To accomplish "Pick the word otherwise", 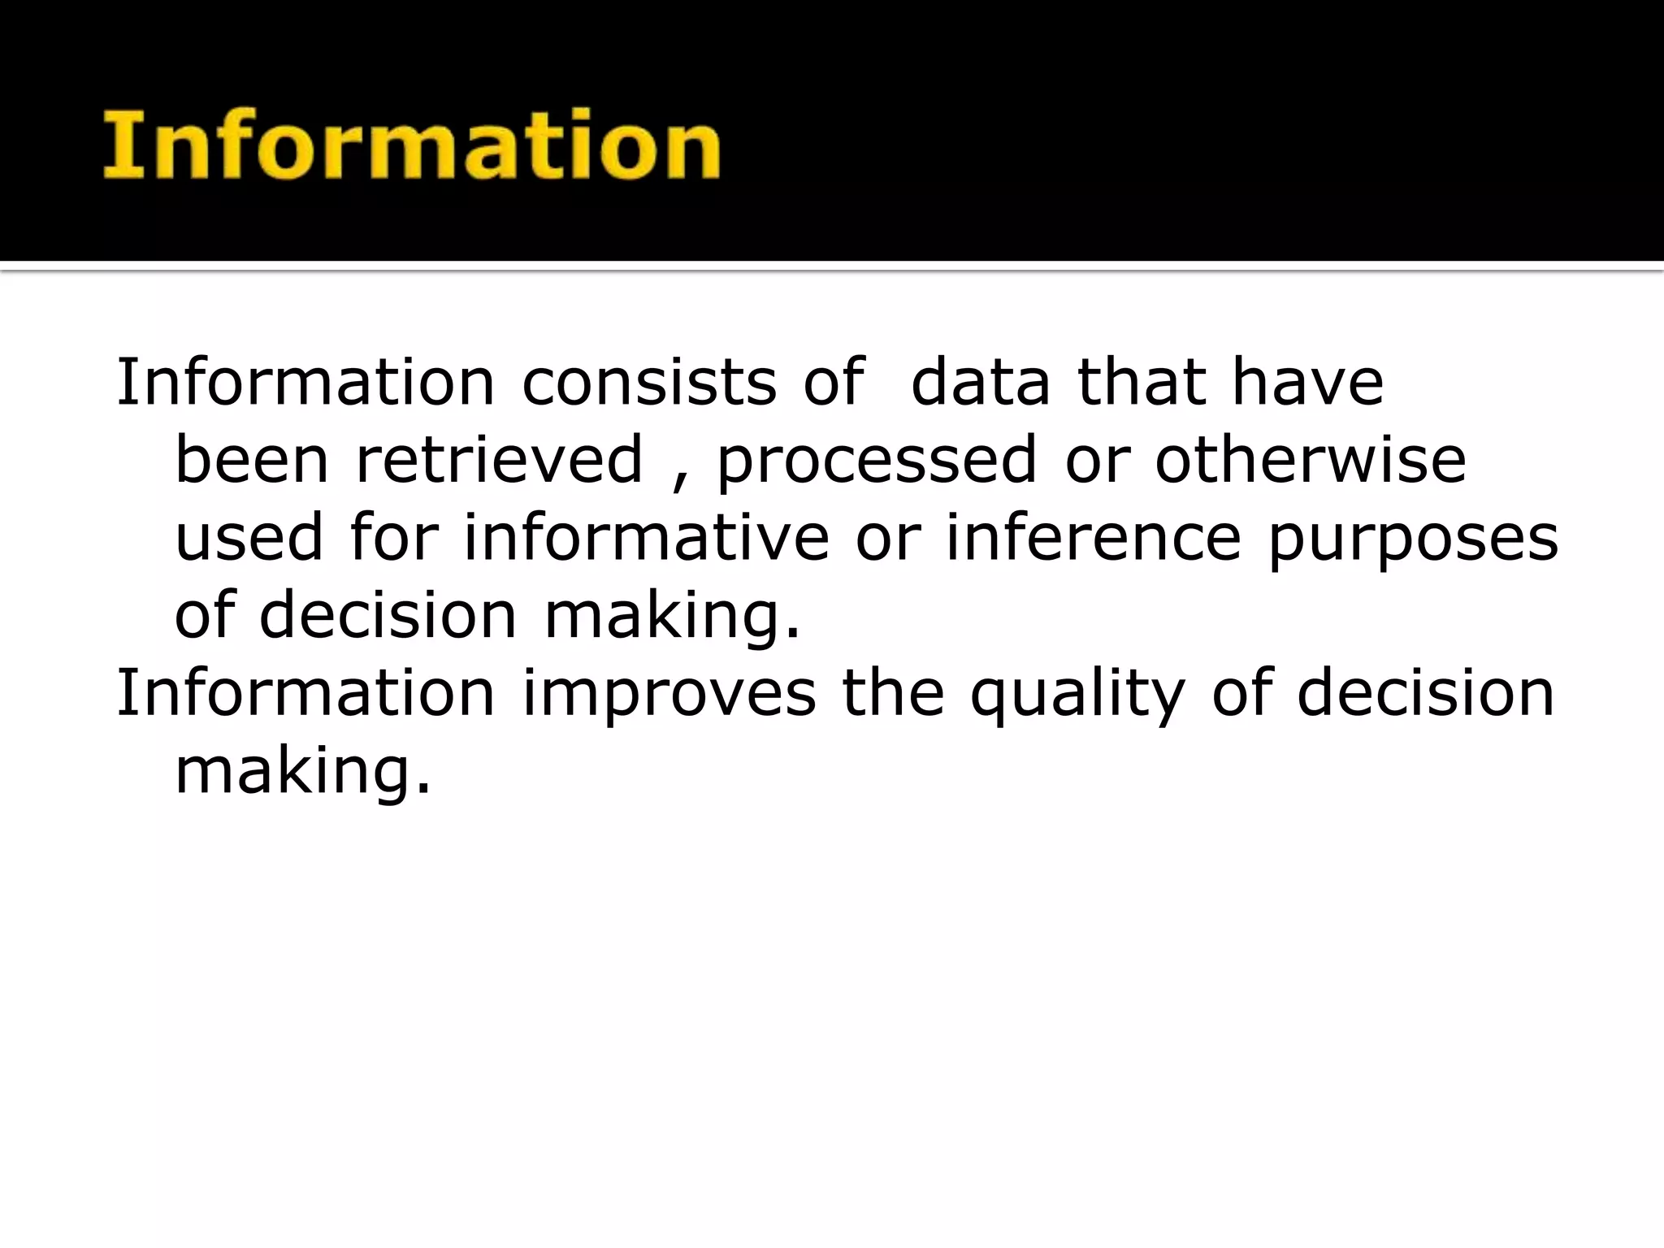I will (1310, 460).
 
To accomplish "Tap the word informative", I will (646, 538).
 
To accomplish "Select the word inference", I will (1093, 538).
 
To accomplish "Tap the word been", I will (252, 460).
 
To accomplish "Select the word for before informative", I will (394, 538).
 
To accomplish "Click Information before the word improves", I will (305, 693).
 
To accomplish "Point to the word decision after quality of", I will (1424, 693).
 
